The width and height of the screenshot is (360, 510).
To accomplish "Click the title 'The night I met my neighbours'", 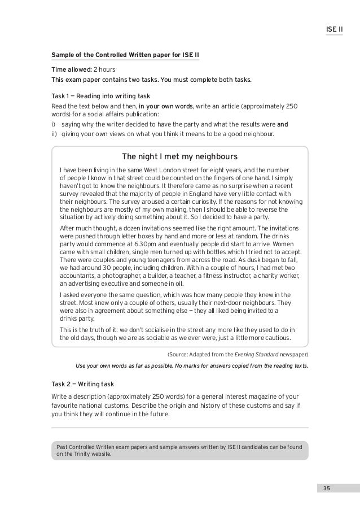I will click(180, 156).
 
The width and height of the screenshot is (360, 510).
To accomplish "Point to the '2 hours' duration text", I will click(104, 69).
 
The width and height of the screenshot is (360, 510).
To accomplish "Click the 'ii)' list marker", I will click(55, 134).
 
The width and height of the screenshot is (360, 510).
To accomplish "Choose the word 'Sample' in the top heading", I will click(63, 55).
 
